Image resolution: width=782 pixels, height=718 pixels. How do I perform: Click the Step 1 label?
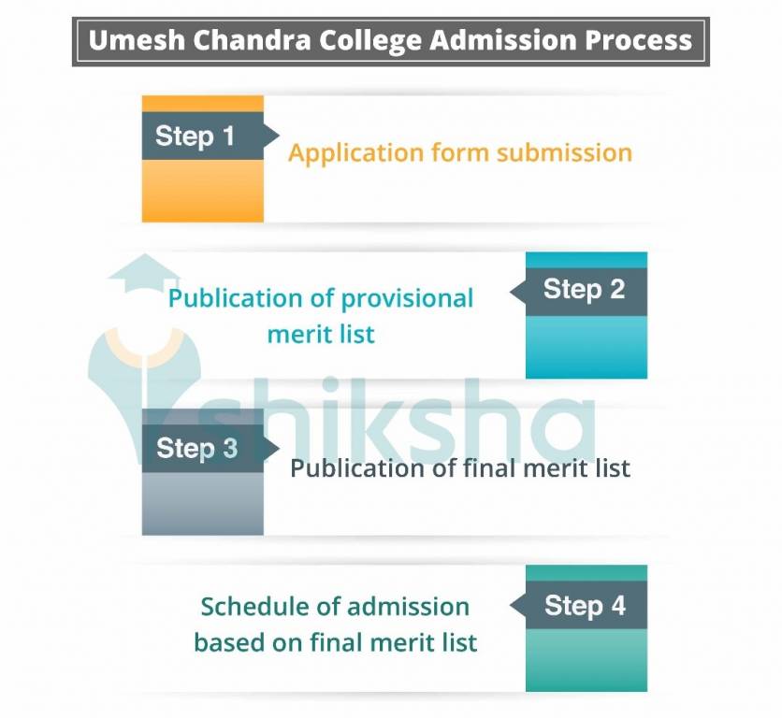coord(195,136)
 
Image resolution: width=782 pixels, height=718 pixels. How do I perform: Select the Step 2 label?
coord(584,289)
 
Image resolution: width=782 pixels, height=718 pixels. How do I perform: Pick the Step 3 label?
coord(196,448)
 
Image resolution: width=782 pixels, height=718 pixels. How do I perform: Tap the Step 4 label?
coord(585,605)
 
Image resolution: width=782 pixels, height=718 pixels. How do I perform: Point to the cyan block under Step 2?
coord(586,347)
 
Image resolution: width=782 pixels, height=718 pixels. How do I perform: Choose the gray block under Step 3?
coord(202,504)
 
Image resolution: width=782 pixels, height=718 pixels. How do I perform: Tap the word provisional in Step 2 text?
coord(407,299)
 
